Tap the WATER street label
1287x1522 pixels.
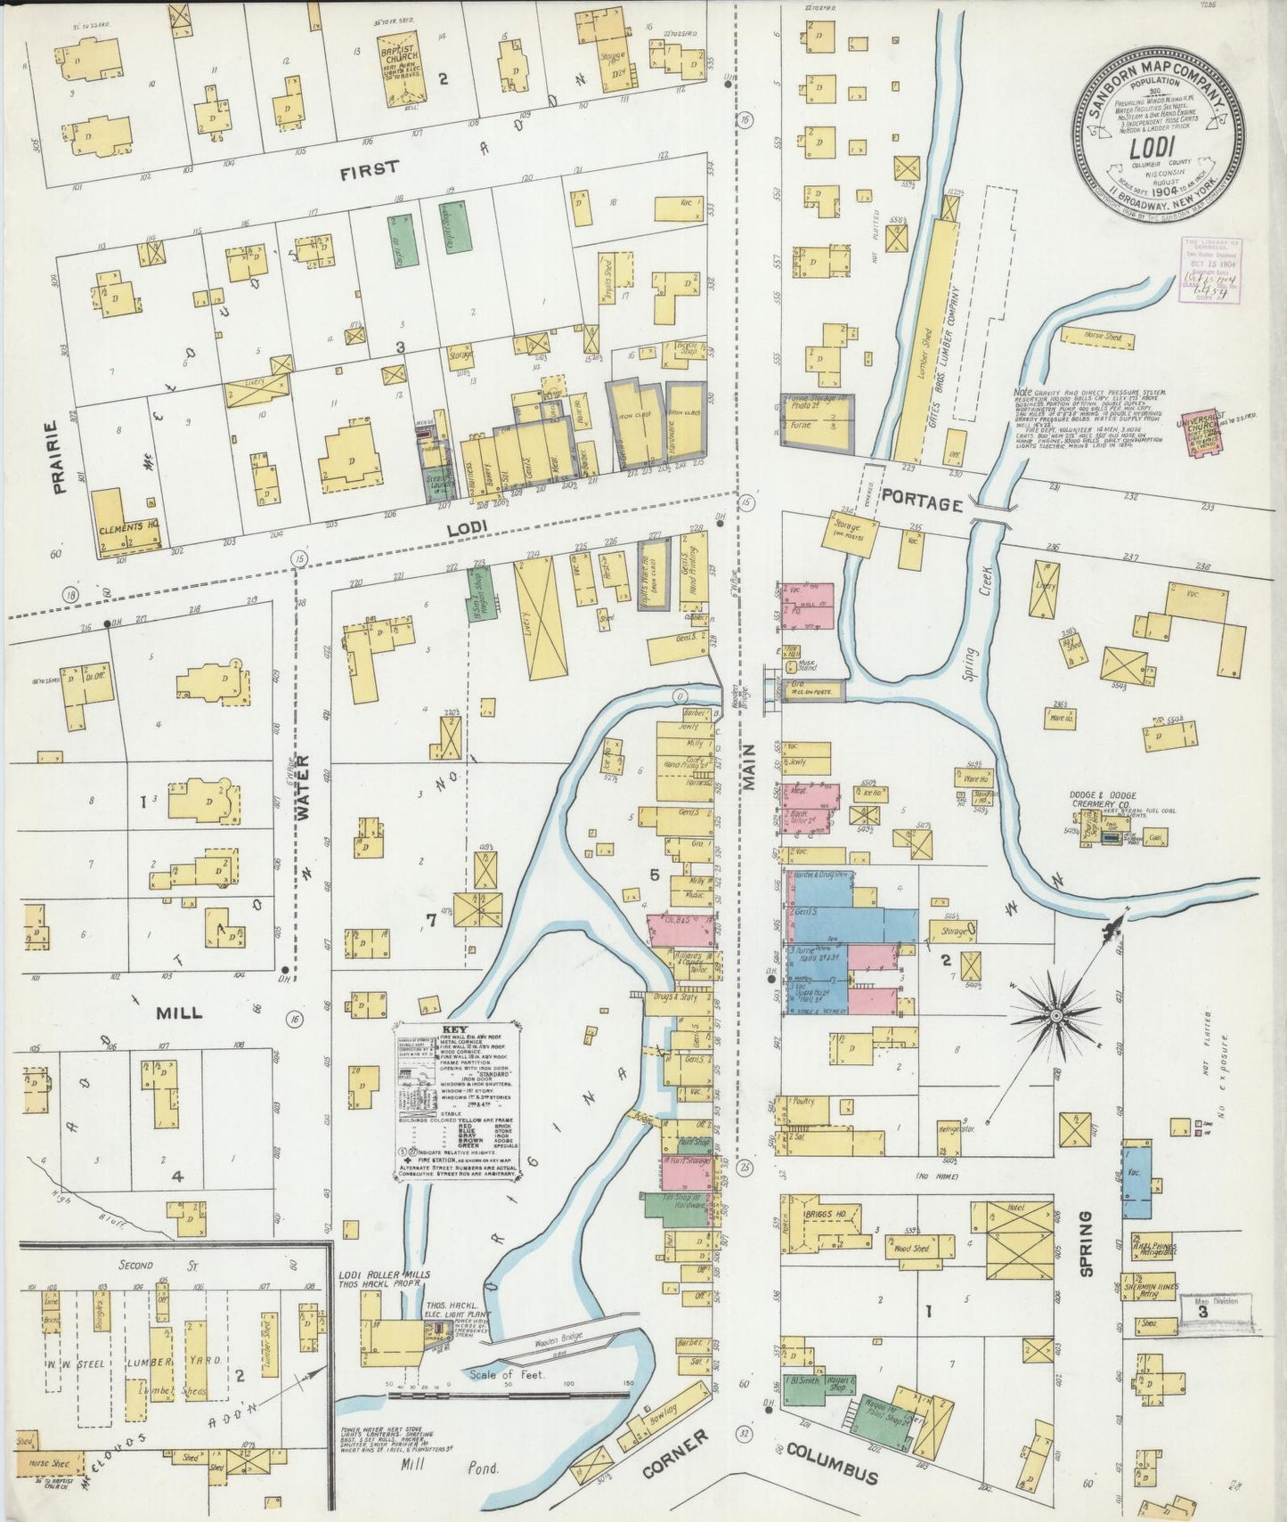302,780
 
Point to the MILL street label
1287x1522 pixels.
179,1013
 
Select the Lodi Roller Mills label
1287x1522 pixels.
384,1280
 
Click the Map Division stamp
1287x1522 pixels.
1217,1307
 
